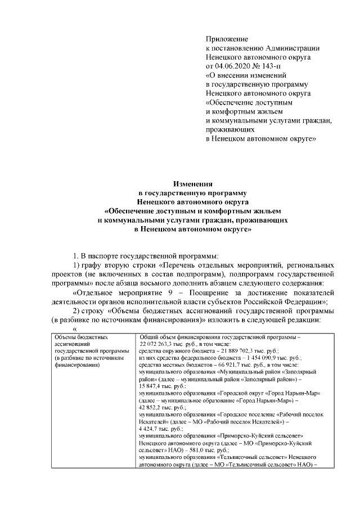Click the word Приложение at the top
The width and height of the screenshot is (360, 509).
pos(227,39)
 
